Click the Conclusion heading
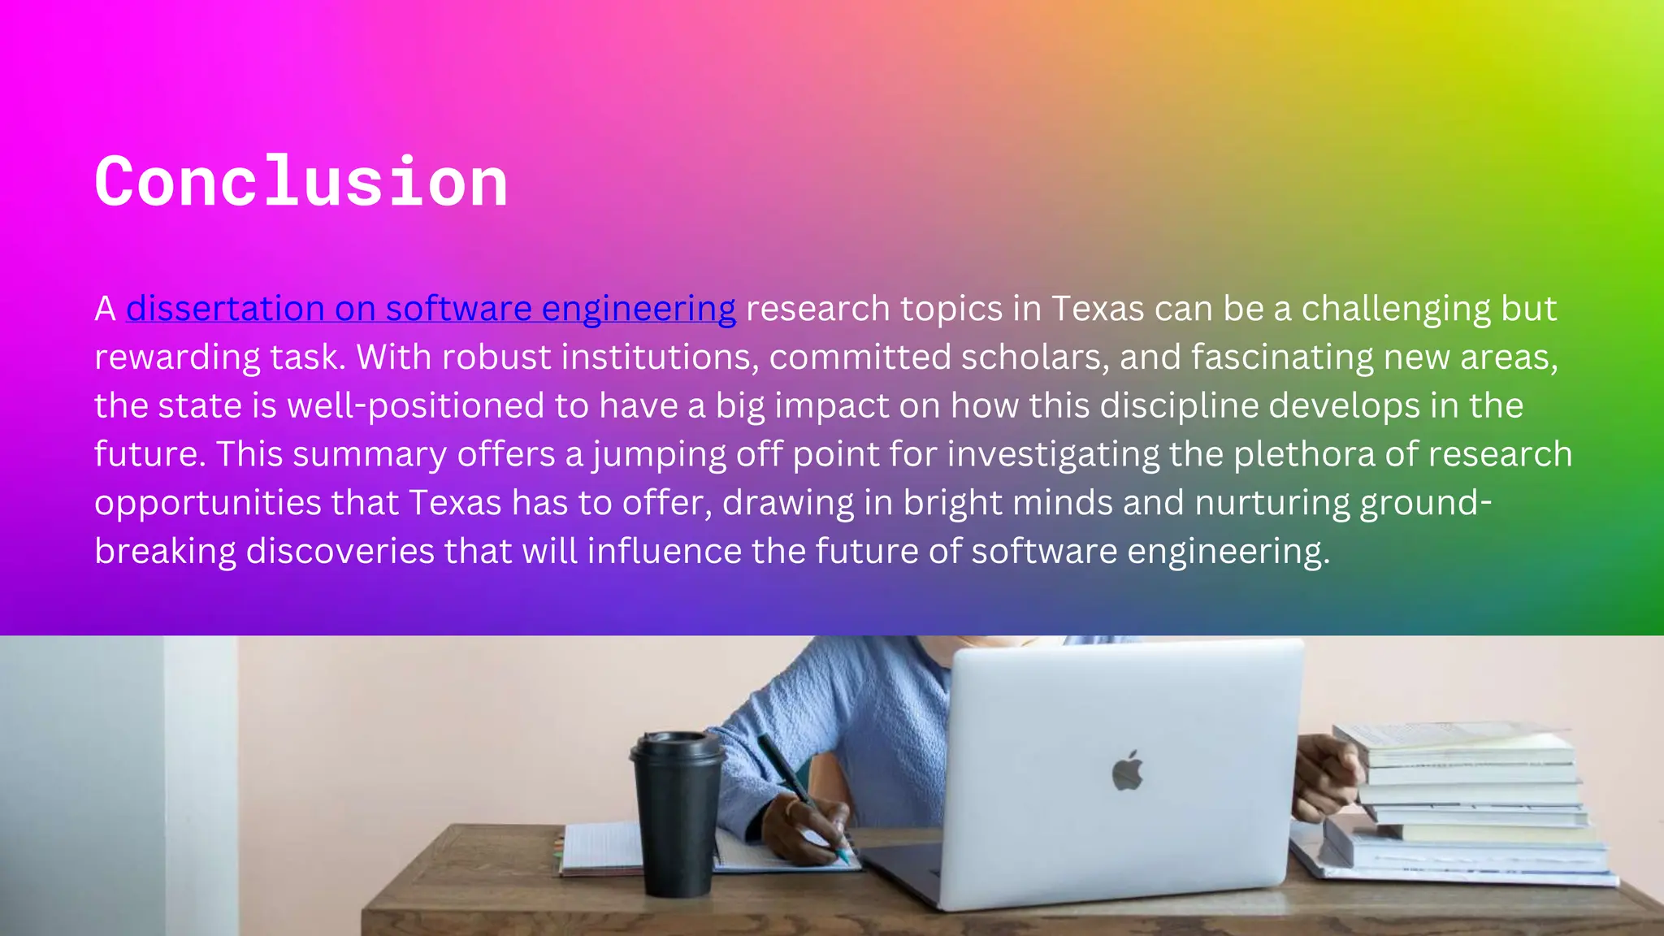pos(301,182)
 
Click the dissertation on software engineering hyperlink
pos(431,309)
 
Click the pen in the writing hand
pos(800,792)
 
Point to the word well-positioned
pos(415,405)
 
